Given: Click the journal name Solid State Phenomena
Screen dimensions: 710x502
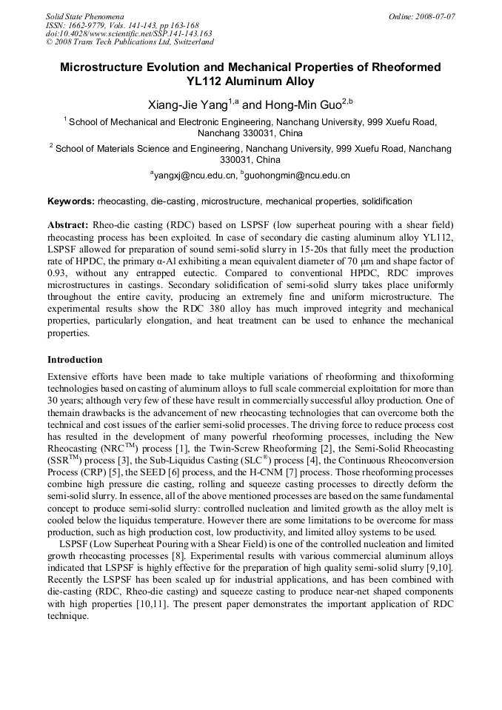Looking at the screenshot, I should [x=84, y=16].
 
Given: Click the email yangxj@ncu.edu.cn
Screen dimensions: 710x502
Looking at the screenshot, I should [x=194, y=175].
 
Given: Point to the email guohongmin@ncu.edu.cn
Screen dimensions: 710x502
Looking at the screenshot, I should [x=298, y=175].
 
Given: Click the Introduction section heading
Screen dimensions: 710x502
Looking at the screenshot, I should [x=75, y=360].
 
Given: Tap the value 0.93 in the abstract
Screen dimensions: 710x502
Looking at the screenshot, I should [x=58, y=273].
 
